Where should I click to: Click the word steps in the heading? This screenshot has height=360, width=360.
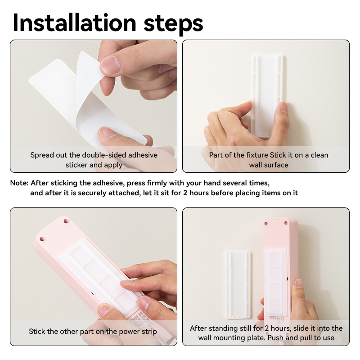click(x=173, y=25)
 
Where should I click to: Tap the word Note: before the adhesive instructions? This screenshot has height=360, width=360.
click(x=19, y=183)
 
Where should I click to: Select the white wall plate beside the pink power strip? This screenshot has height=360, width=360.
click(x=238, y=285)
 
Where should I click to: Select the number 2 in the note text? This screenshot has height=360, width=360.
click(x=185, y=193)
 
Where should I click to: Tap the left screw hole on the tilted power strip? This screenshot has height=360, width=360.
click(x=42, y=239)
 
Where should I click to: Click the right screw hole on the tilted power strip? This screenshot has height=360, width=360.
click(x=66, y=221)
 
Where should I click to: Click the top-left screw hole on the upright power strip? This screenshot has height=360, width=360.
click(x=266, y=223)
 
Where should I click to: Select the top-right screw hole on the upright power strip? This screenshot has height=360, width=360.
click(x=286, y=223)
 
